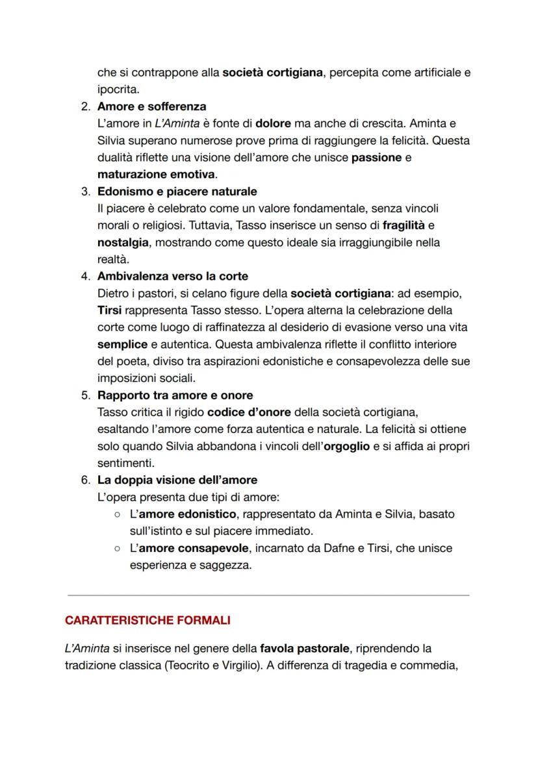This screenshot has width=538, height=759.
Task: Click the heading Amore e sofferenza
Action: (x=151, y=106)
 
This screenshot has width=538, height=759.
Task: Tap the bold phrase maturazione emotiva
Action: (x=157, y=174)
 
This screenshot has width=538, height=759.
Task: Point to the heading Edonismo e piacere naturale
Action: (x=177, y=192)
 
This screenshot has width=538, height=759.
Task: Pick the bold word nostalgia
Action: (x=123, y=242)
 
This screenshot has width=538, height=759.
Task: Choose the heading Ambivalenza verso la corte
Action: (x=172, y=276)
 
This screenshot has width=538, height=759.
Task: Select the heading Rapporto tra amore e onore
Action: (x=175, y=395)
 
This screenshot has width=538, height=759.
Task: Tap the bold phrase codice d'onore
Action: (x=249, y=412)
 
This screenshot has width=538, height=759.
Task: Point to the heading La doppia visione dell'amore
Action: (x=177, y=480)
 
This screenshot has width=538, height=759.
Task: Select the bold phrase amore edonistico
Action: (x=184, y=514)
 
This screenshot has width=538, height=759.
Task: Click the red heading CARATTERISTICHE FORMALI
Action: (x=147, y=621)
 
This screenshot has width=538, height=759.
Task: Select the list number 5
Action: (x=85, y=395)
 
